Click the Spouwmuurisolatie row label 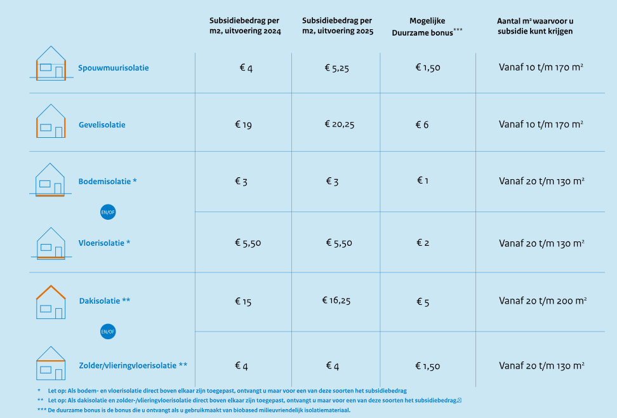[x=114, y=68]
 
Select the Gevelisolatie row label [x=102, y=125]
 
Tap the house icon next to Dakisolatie [x=51, y=302]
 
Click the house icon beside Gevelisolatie [x=51, y=122]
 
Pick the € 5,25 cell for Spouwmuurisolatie [x=336, y=68]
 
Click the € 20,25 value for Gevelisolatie [x=339, y=125]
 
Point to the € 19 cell [x=243, y=125]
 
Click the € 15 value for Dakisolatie [x=243, y=302]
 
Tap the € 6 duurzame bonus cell [x=422, y=125]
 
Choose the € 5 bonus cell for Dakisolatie [x=423, y=302]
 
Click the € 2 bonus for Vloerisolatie [x=423, y=243]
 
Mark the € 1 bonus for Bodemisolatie [x=423, y=181]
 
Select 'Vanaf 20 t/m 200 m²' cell [x=542, y=301]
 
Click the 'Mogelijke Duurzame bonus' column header [x=427, y=26]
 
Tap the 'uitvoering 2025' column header [x=338, y=26]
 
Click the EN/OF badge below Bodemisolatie [x=108, y=212]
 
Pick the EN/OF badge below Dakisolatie [x=108, y=332]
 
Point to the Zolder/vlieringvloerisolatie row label [x=133, y=365]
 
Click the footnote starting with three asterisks [x=194, y=410]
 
